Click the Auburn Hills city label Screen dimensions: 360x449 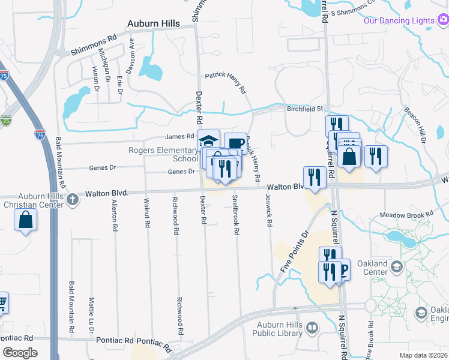tap(153, 23)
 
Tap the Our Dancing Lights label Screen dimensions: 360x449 tap(399, 20)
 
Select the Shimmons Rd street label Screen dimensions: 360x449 tap(93, 44)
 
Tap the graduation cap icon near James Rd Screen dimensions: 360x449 tap(208, 140)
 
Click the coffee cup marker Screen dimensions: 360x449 tap(235, 143)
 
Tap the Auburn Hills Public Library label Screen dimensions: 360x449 tap(276, 328)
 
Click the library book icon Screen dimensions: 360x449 tap(312, 328)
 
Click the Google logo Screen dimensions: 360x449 tap(20, 353)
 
